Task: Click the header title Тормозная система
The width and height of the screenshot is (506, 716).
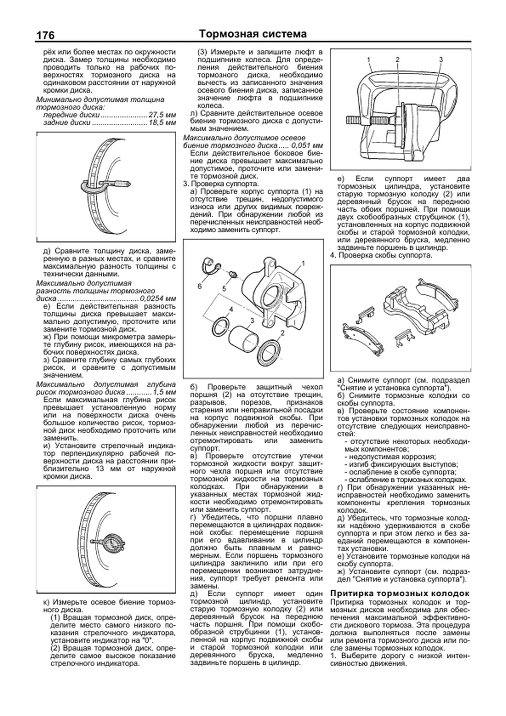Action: (253, 34)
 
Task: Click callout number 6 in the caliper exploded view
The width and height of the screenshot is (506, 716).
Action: (199, 286)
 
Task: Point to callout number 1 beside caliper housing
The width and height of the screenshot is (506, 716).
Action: (303, 264)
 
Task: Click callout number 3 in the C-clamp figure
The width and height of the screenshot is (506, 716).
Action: (441, 59)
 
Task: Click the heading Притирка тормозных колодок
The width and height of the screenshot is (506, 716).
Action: (399, 593)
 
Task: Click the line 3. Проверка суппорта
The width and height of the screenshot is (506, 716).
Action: (221, 184)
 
